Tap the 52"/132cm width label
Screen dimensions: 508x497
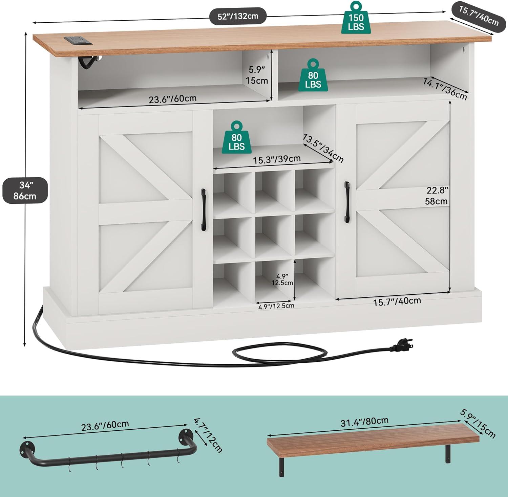[238, 16]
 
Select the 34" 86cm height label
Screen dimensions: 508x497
[25, 190]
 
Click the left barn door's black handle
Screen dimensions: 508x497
[204, 209]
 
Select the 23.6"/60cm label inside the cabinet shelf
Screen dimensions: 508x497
[173, 99]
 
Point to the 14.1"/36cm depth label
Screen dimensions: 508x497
[445, 89]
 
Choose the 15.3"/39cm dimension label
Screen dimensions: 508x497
[277, 159]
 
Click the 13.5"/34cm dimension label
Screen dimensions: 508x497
[323, 148]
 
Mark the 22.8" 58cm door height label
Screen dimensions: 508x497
[437, 196]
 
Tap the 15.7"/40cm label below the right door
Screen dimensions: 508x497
[397, 301]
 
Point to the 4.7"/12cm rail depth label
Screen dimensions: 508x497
[208, 435]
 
